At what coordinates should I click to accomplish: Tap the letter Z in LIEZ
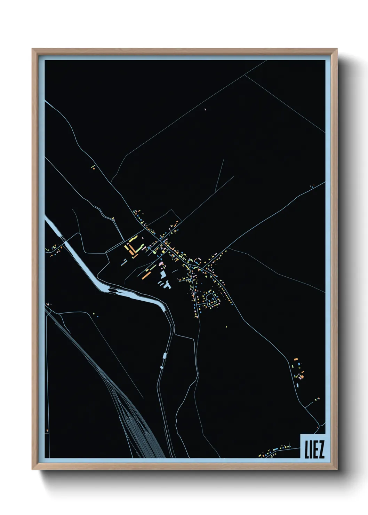point(321,450)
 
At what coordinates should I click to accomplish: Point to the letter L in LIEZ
point(306,450)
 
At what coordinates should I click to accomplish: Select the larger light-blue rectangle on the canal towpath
point(165,356)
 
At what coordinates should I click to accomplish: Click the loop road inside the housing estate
point(211,299)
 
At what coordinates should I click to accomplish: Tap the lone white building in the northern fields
point(205,109)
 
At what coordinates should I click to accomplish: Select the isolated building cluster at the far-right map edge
point(312,187)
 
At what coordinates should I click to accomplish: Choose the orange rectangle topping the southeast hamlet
point(296,359)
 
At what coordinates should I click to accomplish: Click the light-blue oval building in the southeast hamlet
point(298,385)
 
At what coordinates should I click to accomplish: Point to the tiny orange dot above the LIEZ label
point(318,427)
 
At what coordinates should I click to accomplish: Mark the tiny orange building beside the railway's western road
point(47,430)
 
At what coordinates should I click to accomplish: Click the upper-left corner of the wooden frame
point(33,49)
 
